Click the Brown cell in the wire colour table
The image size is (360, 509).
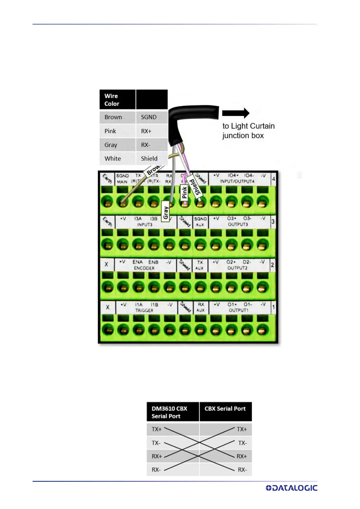(x=113, y=117)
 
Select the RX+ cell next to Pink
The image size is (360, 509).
(x=146, y=131)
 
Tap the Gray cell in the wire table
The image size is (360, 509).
(x=111, y=145)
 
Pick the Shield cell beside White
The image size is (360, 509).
(x=149, y=159)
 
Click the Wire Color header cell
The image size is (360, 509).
(x=112, y=100)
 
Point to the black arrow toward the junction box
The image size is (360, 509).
(x=236, y=113)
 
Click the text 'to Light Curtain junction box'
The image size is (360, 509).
(x=248, y=131)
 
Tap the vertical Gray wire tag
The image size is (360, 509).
(x=165, y=212)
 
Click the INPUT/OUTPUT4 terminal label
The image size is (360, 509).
(x=237, y=181)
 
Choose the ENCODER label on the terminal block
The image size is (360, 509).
(x=144, y=268)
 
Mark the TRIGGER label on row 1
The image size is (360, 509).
(x=144, y=310)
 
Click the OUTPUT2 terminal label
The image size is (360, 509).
(x=237, y=268)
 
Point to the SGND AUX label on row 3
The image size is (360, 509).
(x=200, y=222)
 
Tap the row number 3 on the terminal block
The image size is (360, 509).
(x=273, y=222)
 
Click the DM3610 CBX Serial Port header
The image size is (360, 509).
(x=169, y=412)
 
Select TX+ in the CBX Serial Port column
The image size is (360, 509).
(x=242, y=429)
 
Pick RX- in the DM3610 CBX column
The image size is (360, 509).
(x=156, y=470)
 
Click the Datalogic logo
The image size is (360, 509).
(x=291, y=488)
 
